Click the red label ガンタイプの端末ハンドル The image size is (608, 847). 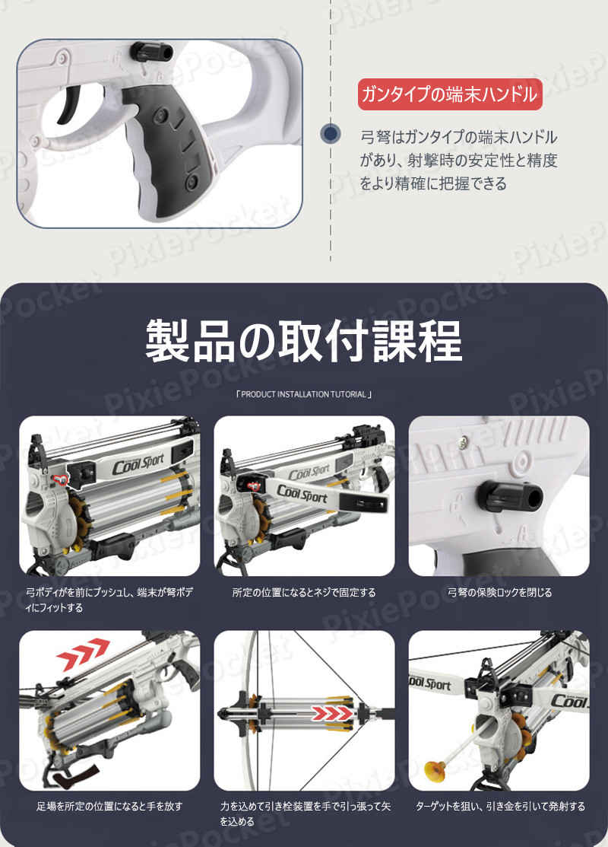pyautogui.click(x=450, y=94)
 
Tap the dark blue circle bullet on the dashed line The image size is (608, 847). pyautogui.click(x=330, y=133)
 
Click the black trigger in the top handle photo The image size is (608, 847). pyautogui.click(x=71, y=104)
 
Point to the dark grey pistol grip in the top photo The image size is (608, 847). pyautogui.click(x=168, y=146)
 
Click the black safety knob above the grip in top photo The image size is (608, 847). pyautogui.click(x=151, y=52)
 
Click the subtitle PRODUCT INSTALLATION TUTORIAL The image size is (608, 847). pyautogui.click(x=304, y=394)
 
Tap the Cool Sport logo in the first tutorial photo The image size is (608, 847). pyautogui.click(x=138, y=463)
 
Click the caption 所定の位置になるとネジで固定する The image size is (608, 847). pyautogui.click(x=304, y=593)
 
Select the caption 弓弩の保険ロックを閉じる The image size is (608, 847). pyautogui.click(x=499, y=593)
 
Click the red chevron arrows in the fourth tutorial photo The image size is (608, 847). pyautogui.click(x=83, y=654)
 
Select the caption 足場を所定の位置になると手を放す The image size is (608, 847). pyautogui.click(x=109, y=807)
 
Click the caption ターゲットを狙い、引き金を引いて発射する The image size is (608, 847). pyautogui.click(x=500, y=807)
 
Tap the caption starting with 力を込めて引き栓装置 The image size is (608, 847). pyautogui.click(x=306, y=814)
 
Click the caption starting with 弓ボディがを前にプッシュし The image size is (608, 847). pyautogui.click(x=109, y=600)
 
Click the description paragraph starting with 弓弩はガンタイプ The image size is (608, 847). pyautogui.click(x=458, y=161)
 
